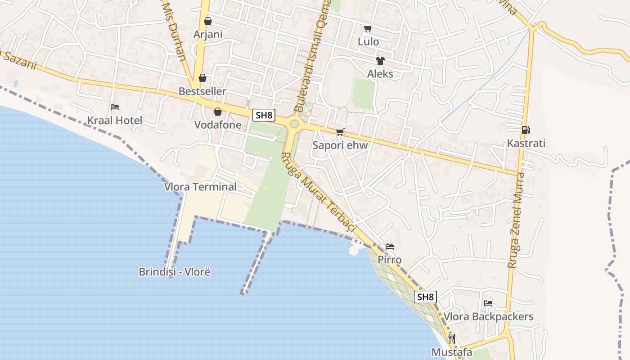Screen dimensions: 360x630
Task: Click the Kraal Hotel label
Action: click(x=114, y=121)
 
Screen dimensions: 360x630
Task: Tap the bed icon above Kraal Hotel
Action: click(x=115, y=107)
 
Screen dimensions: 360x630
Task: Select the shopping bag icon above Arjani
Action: click(x=208, y=21)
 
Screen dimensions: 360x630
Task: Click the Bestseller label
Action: click(x=202, y=91)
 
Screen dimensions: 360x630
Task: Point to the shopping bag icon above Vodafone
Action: click(x=218, y=112)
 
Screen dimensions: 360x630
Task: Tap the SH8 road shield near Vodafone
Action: click(x=264, y=115)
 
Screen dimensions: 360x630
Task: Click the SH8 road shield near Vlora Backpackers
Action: click(x=425, y=297)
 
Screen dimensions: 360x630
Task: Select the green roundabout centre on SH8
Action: click(x=294, y=124)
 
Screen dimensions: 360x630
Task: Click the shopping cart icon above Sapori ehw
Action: click(x=340, y=132)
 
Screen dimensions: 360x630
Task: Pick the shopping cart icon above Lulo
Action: click(x=368, y=29)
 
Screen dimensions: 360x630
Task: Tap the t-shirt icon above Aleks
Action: click(x=380, y=61)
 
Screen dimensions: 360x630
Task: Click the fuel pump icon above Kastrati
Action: click(x=526, y=130)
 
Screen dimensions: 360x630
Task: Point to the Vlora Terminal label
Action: click(x=200, y=187)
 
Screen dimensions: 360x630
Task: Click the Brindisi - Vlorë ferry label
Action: click(x=175, y=272)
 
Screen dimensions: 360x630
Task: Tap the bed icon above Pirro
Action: click(x=390, y=247)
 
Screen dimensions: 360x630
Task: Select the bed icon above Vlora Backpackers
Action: click(x=488, y=303)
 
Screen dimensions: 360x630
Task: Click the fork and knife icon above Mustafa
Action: click(x=452, y=338)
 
